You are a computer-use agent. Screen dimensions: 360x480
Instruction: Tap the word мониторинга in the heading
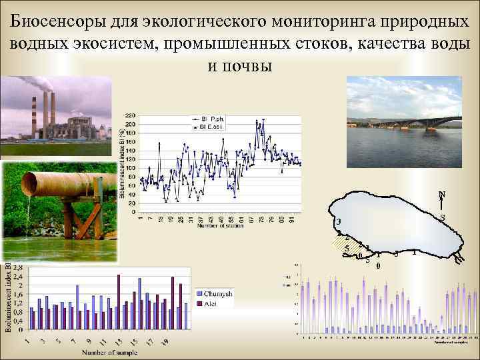tap(319, 21)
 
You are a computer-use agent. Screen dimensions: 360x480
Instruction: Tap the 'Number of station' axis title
tap(220, 225)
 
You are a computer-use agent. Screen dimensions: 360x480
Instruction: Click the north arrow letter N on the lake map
tap(442, 195)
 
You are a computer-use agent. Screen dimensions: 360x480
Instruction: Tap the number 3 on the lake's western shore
tap(339, 222)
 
